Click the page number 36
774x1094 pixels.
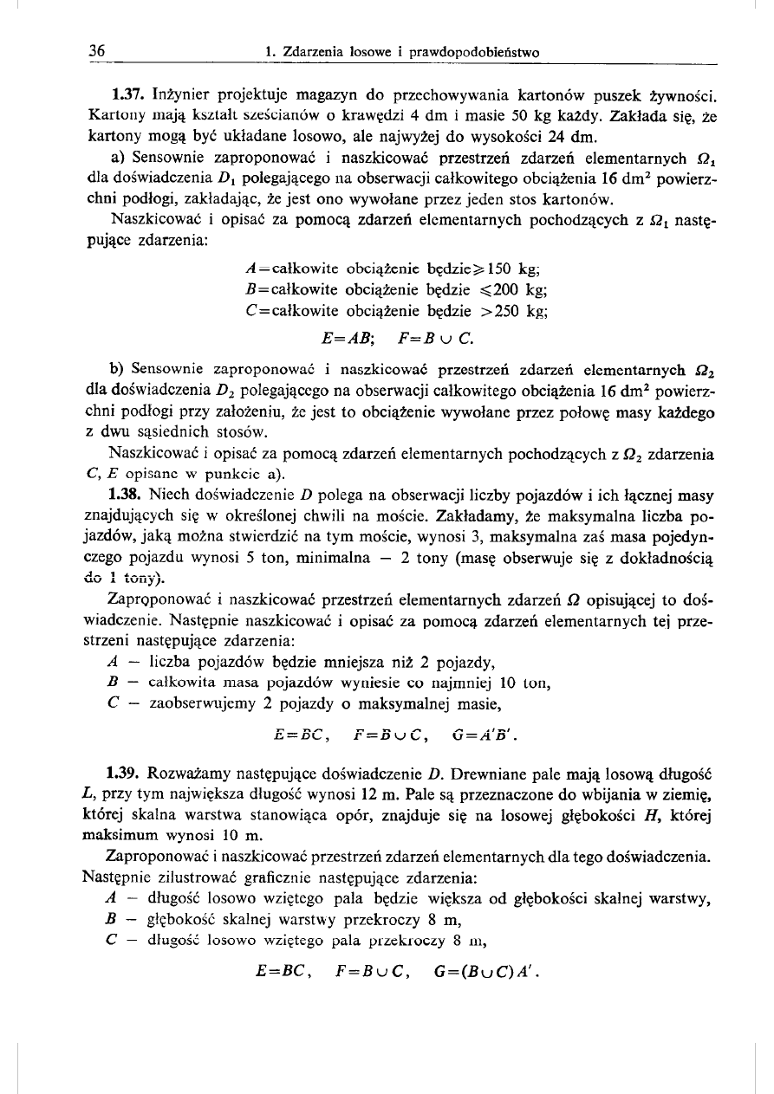[97, 52]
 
